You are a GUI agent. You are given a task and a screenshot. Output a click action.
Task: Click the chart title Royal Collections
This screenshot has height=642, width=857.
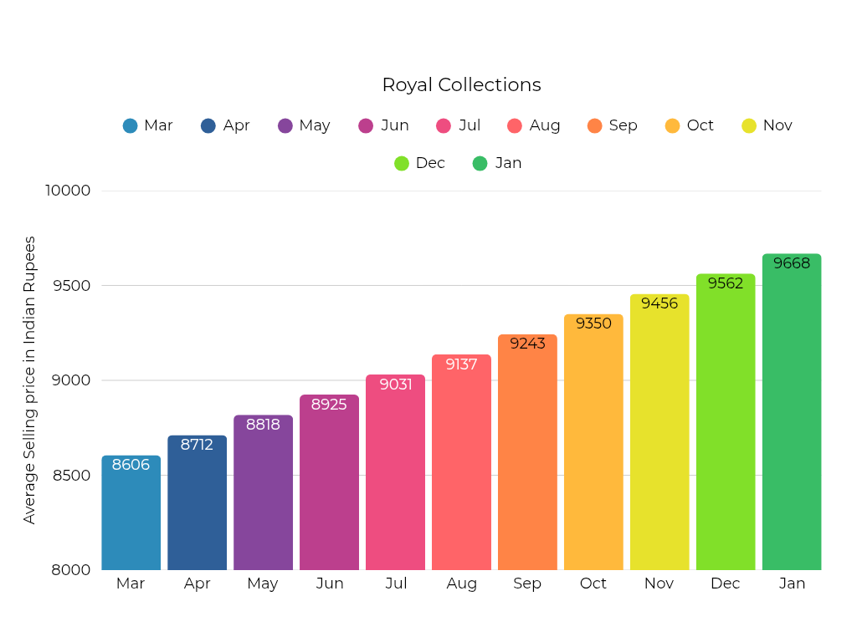click(x=461, y=85)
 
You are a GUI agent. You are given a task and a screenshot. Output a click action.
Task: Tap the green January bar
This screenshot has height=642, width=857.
click(x=791, y=418)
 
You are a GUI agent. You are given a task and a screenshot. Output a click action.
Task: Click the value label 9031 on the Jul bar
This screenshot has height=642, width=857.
click(x=396, y=385)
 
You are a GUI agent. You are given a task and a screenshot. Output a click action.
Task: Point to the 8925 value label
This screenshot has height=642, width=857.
click(x=329, y=405)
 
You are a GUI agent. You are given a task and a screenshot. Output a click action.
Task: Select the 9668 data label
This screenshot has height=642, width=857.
click(x=791, y=263)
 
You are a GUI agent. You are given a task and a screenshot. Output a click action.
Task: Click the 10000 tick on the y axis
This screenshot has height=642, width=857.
click(x=68, y=191)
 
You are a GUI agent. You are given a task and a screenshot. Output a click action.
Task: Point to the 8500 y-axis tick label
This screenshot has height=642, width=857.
click(x=70, y=476)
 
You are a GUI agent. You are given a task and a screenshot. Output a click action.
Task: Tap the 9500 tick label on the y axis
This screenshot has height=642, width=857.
click(x=70, y=286)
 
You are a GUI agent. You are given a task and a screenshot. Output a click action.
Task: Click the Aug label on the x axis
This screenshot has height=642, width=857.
click(x=461, y=583)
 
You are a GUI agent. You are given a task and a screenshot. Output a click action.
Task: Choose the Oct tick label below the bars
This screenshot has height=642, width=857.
click(x=593, y=583)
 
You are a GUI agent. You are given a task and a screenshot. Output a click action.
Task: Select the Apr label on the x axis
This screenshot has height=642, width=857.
click(x=197, y=583)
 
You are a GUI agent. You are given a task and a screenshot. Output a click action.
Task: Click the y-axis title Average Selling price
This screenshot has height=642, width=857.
click(x=30, y=380)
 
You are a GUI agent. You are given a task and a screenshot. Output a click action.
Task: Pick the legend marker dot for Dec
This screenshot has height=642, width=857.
click(x=402, y=164)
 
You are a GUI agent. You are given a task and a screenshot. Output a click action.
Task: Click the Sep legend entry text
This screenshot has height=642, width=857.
click(x=623, y=125)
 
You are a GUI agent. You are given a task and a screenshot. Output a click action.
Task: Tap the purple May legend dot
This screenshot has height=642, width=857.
click(x=285, y=126)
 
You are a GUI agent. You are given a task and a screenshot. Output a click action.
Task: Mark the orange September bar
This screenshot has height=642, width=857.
click(x=527, y=460)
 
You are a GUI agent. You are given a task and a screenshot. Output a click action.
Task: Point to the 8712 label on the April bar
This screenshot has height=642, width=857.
click(x=197, y=445)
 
